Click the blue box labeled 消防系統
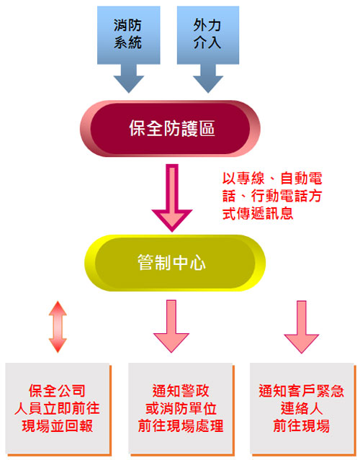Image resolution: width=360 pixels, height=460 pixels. click(128, 35)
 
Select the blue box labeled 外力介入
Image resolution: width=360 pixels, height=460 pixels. click(208, 35)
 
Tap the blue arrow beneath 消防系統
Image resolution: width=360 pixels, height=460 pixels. click(128, 78)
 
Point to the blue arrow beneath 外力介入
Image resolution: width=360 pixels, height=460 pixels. click(208, 78)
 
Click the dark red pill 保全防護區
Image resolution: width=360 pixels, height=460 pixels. click(170, 128)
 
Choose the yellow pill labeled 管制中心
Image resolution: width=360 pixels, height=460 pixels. click(175, 263)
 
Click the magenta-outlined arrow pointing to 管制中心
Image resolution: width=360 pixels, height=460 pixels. click(172, 198)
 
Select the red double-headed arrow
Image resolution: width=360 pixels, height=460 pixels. click(58, 327)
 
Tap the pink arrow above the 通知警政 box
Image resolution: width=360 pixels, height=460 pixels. click(171, 326)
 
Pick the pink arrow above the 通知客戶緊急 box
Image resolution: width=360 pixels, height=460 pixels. click(302, 327)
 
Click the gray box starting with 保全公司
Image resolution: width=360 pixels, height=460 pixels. click(58, 409)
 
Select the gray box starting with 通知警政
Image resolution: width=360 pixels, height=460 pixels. click(181, 409)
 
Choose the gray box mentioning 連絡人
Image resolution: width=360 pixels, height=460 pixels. click(302, 409)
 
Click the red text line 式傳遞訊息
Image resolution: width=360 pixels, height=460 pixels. click(258, 213)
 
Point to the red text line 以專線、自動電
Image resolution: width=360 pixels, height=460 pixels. click(272, 178)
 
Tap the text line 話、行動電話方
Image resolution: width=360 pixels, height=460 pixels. click(272, 196)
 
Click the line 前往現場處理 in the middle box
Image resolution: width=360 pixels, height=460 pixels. click(181, 426)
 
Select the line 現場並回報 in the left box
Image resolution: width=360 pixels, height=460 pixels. click(58, 426)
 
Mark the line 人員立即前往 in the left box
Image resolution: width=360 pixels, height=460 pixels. click(57, 408)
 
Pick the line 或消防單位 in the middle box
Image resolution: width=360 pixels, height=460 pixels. click(181, 408)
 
